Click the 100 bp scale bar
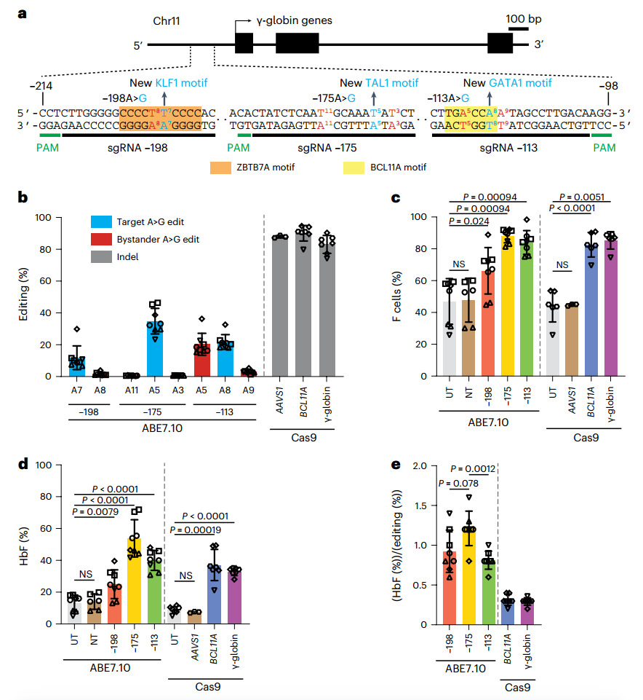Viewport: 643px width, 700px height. (519, 29)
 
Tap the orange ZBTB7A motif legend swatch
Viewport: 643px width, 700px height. (220, 168)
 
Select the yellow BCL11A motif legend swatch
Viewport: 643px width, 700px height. (354, 168)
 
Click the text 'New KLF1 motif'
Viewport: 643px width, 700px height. (169, 83)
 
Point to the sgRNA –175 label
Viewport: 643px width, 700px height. (327, 148)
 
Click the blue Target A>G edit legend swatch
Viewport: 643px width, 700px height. (101, 222)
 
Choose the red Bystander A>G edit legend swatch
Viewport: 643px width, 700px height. (101, 240)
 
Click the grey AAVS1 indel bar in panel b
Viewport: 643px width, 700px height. (280, 307)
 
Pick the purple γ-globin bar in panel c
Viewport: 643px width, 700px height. (611, 309)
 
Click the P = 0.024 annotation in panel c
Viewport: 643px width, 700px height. (469, 221)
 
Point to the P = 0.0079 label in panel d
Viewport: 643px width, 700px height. (95, 511)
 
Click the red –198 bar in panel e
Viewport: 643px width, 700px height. (450, 588)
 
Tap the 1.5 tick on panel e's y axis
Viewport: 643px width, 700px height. (420, 506)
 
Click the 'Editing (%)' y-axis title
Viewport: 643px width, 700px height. (23, 294)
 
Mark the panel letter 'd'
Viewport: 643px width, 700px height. (23, 464)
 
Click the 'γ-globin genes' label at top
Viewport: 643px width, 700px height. (295, 20)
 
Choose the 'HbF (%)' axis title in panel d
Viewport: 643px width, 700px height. (24, 546)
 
